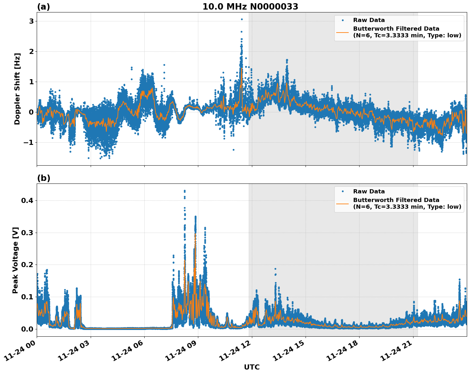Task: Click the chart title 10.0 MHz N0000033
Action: (250, 7)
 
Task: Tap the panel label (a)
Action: (43, 7)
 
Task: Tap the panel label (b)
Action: (43, 178)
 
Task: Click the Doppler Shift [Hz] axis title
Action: (17, 89)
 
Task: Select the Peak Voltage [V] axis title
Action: (15, 260)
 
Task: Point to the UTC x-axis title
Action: (252, 367)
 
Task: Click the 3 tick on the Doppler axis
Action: (32, 21)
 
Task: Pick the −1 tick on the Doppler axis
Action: (28, 142)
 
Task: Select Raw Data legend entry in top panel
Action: (369, 20)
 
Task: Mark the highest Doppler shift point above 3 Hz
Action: (242, 19)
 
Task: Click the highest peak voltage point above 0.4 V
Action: (185, 191)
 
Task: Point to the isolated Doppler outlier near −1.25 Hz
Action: (233, 150)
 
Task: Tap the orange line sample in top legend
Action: (343, 32)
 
